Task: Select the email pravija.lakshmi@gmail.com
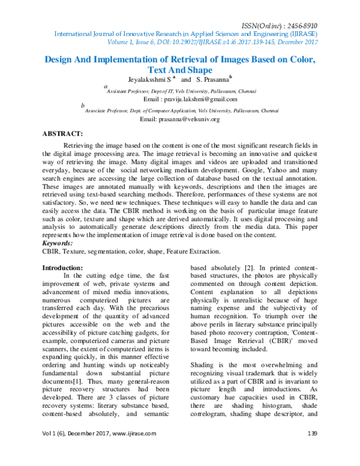(204, 99)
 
